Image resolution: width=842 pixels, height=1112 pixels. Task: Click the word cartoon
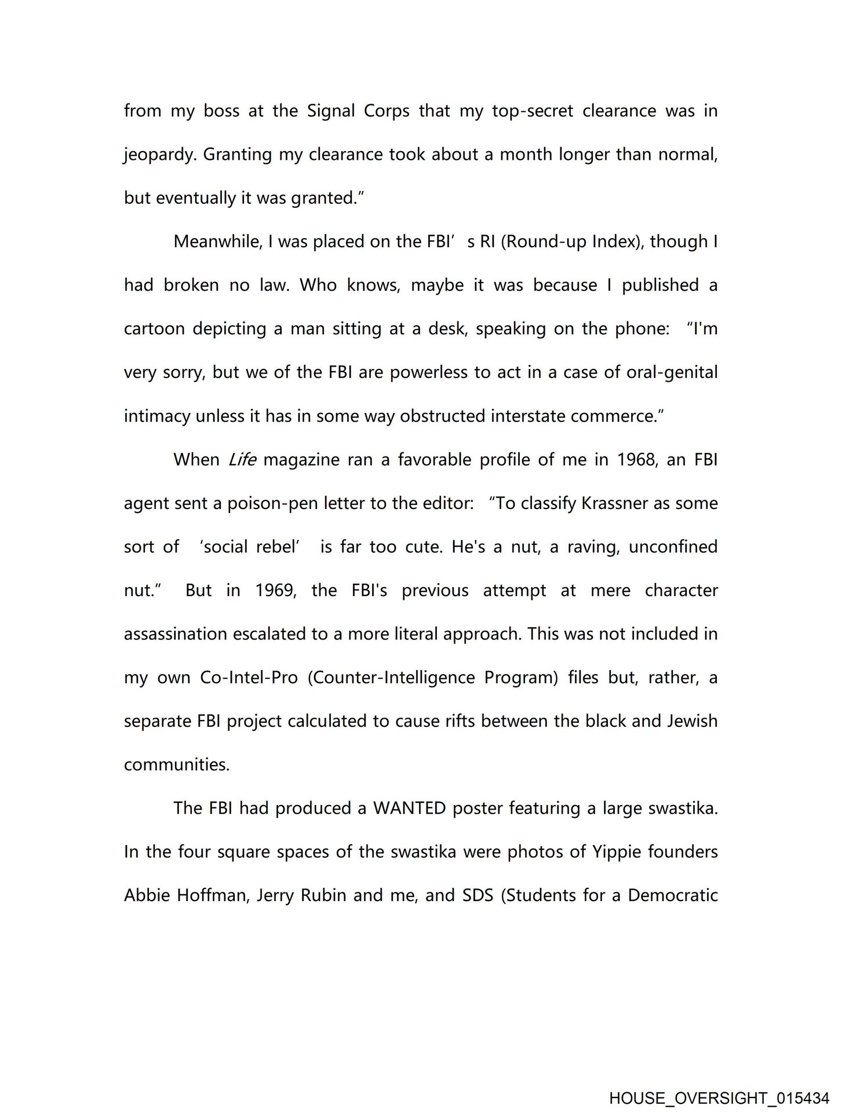pyautogui.click(x=153, y=329)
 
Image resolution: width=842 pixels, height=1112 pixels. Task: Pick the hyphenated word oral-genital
pyautogui.click(x=672, y=372)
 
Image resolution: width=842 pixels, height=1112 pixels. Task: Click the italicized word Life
pyautogui.click(x=242, y=460)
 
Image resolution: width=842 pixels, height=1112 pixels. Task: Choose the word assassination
pyautogui.click(x=176, y=634)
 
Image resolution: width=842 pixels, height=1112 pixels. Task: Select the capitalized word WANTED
pyautogui.click(x=409, y=809)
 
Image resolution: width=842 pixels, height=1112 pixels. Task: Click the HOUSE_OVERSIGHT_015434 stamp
pyautogui.click(x=719, y=1098)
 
